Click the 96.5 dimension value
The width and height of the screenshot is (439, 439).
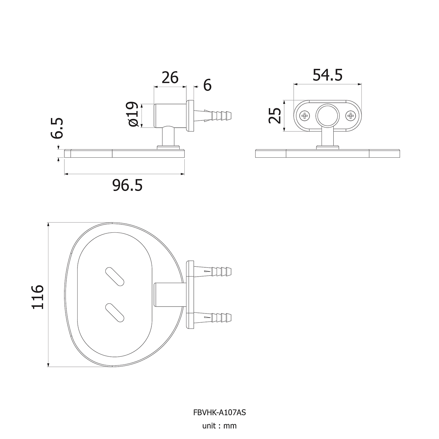pyautogui.click(x=127, y=185)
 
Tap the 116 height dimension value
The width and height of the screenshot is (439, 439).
pyautogui.click(x=37, y=297)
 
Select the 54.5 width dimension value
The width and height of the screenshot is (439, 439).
pyautogui.click(x=327, y=75)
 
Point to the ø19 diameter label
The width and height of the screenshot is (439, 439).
pyautogui.click(x=132, y=114)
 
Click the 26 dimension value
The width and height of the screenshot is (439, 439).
pyautogui.click(x=170, y=78)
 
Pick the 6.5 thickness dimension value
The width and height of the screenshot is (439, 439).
pyautogui.click(x=57, y=128)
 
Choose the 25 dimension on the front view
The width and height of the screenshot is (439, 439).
pyautogui.click(x=275, y=115)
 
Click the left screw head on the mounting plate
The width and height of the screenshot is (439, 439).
pyautogui.click(x=305, y=116)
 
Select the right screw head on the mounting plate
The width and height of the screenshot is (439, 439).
pyautogui.click(x=350, y=116)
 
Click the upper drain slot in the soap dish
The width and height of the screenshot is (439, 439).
pyautogui.click(x=115, y=277)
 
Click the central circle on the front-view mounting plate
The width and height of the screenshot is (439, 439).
pyautogui.click(x=327, y=116)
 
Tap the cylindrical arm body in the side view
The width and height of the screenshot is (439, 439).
pyautogui.click(x=170, y=116)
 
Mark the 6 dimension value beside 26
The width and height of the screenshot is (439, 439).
pyautogui.click(x=207, y=85)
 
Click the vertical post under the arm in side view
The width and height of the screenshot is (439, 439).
pyautogui.click(x=168, y=137)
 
